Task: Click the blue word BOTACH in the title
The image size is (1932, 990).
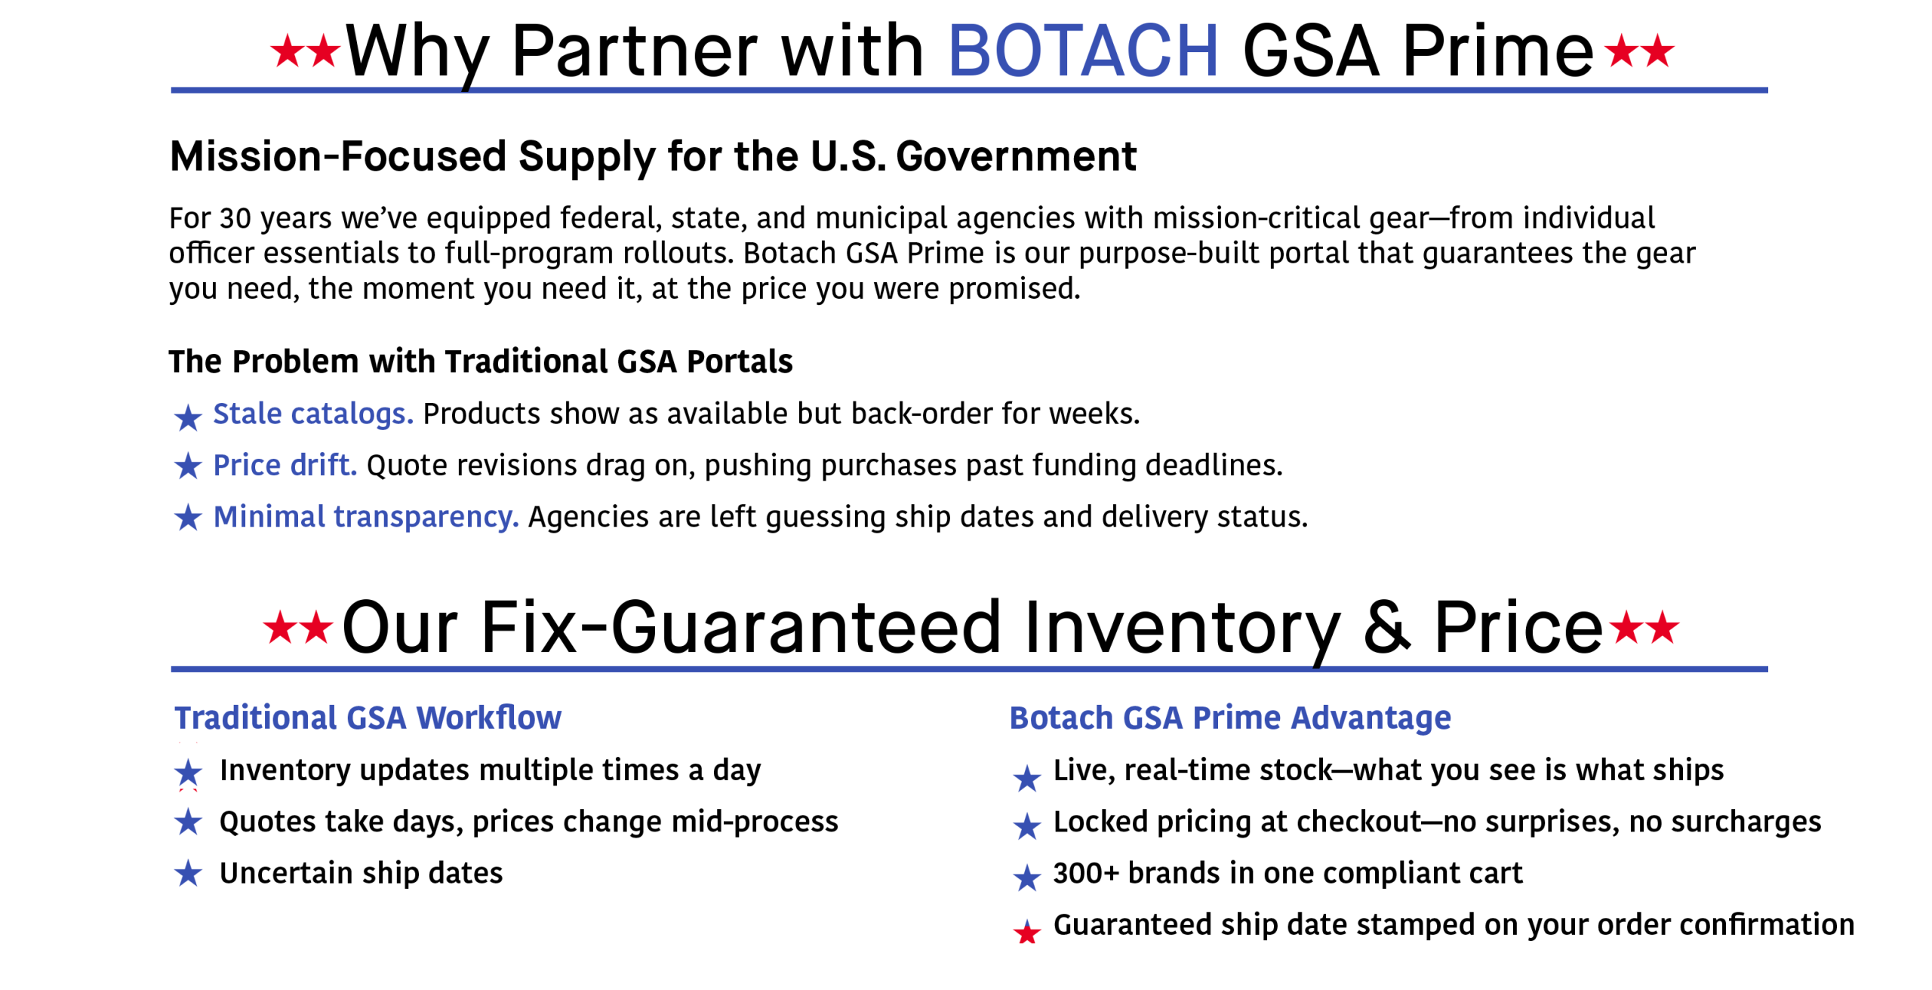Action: pyautogui.click(x=1083, y=51)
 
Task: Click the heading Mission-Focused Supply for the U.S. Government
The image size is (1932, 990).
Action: pyautogui.click(x=653, y=157)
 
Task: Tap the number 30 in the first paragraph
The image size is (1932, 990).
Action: pyautogui.click(x=235, y=218)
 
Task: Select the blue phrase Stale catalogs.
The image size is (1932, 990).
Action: pyautogui.click(x=313, y=414)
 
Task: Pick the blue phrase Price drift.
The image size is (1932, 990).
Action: pyautogui.click(x=285, y=465)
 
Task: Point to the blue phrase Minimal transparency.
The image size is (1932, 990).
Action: pyautogui.click(x=366, y=517)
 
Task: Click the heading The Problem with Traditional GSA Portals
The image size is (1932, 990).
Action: pyautogui.click(x=481, y=361)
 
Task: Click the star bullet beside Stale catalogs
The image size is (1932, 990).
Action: pyautogui.click(x=188, y=417)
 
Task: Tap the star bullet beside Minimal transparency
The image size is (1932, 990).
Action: pyautogui.click(x=188, y=518)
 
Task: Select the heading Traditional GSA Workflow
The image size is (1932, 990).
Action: pyautogui.click(x=368, y=718)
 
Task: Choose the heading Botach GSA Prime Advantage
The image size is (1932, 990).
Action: pyautogui.click(x=1230, y=718)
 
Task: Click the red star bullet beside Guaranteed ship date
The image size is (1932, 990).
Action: pyautogui.click(x=1026, y=932)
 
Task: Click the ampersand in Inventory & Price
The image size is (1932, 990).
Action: pyautogui.click(x=1387, y=627)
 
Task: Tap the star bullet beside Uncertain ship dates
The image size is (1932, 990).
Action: pyautogui.click(x=188, y=874)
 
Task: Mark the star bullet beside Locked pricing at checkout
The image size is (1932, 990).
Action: pyautogui.click(x=1026, y=826)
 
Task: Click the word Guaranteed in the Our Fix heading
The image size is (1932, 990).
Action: pyautogui.click(x=806, y=627)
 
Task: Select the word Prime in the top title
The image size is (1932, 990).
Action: pyautogui.click(x=1497, y=51)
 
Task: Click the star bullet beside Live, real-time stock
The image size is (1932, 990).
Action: pyautogui.click(x=1026, y=778)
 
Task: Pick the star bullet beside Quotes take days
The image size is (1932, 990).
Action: pyautogui.click(x=188, y=822)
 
